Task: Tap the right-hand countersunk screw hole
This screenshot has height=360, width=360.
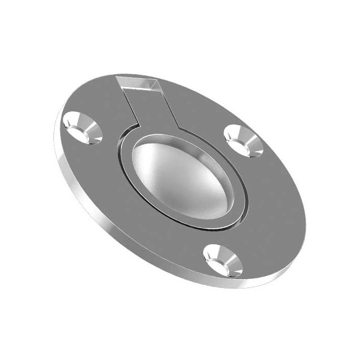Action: tap(244, 140)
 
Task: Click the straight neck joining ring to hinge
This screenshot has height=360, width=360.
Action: tap(154, 108)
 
